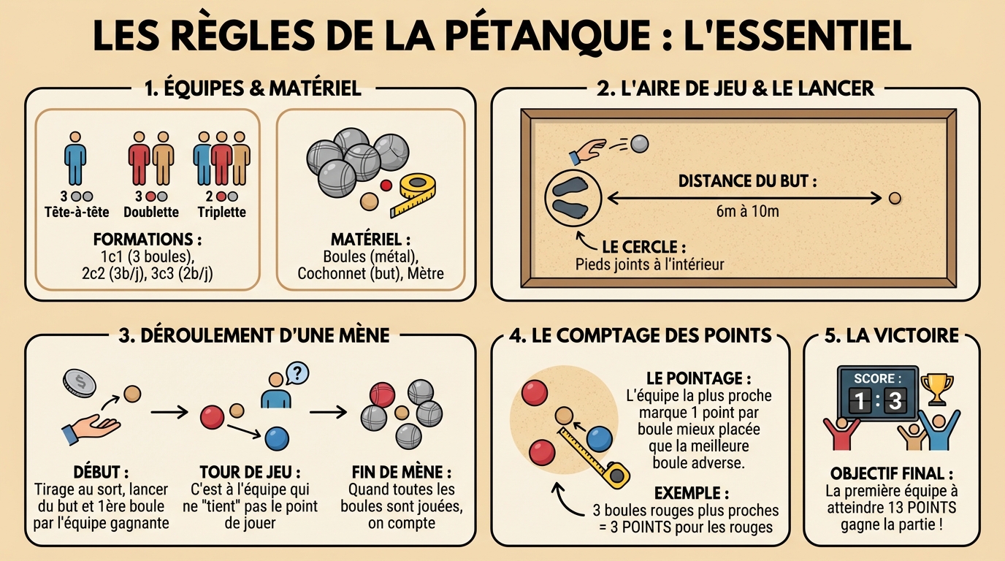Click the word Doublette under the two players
pos(151,212)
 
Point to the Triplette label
pos(221,212)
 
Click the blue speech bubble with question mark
pos(297,373)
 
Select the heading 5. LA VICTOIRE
pos(891,335)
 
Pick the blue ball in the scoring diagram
pos(599,438)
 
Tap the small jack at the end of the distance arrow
pos(895,198)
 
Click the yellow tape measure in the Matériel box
pos(413,194)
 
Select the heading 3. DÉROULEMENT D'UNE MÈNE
pos(253,335)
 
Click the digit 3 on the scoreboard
pos(894,400)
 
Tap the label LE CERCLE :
pos(643,246)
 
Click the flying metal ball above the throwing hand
pos(639,144)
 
